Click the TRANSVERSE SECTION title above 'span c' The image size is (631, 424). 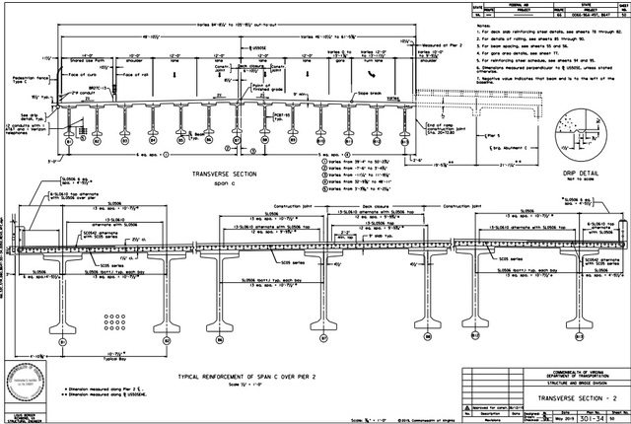(205, 169)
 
